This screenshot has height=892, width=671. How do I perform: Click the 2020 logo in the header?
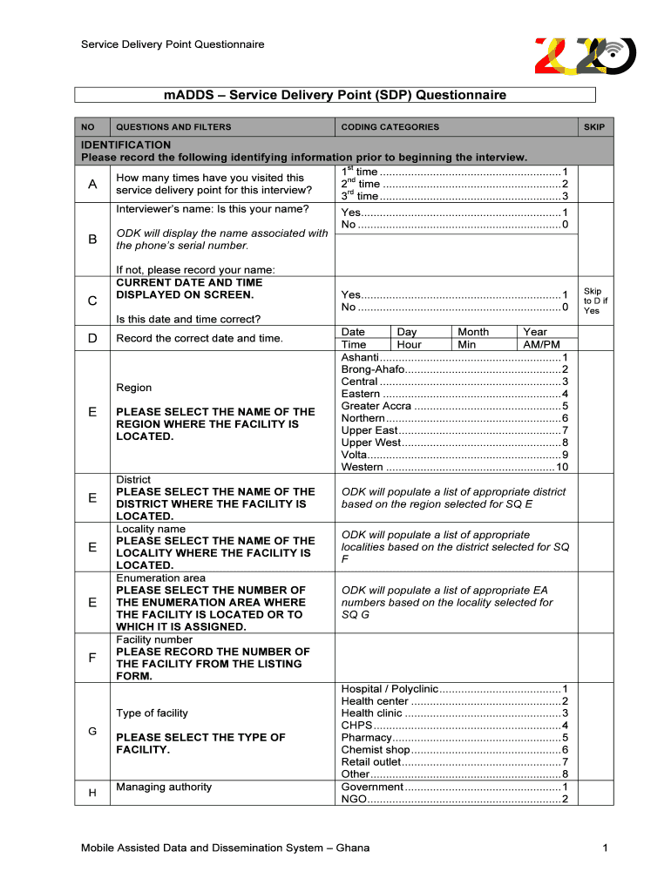(x=584, y=57)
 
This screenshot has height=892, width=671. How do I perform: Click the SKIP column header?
(x=593, y=127)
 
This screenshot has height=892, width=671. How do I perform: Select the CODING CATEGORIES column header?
(x=390, y=127)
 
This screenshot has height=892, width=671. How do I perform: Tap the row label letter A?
(x=92, y=184)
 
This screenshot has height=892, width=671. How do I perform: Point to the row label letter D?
(x=92, y=338)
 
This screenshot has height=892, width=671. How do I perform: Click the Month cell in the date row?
(x=473, y=332)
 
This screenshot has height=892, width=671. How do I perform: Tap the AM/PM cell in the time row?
(x=541, y=345)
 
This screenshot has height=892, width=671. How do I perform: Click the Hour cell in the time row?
(x=409, y=345)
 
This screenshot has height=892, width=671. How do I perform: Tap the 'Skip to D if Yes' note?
(x=593, y=301)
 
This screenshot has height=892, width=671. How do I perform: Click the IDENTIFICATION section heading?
(x=126, y=145)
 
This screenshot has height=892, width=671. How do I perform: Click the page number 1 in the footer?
(x=603, y=848)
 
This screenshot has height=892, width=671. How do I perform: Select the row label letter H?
(x=92, y=793)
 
